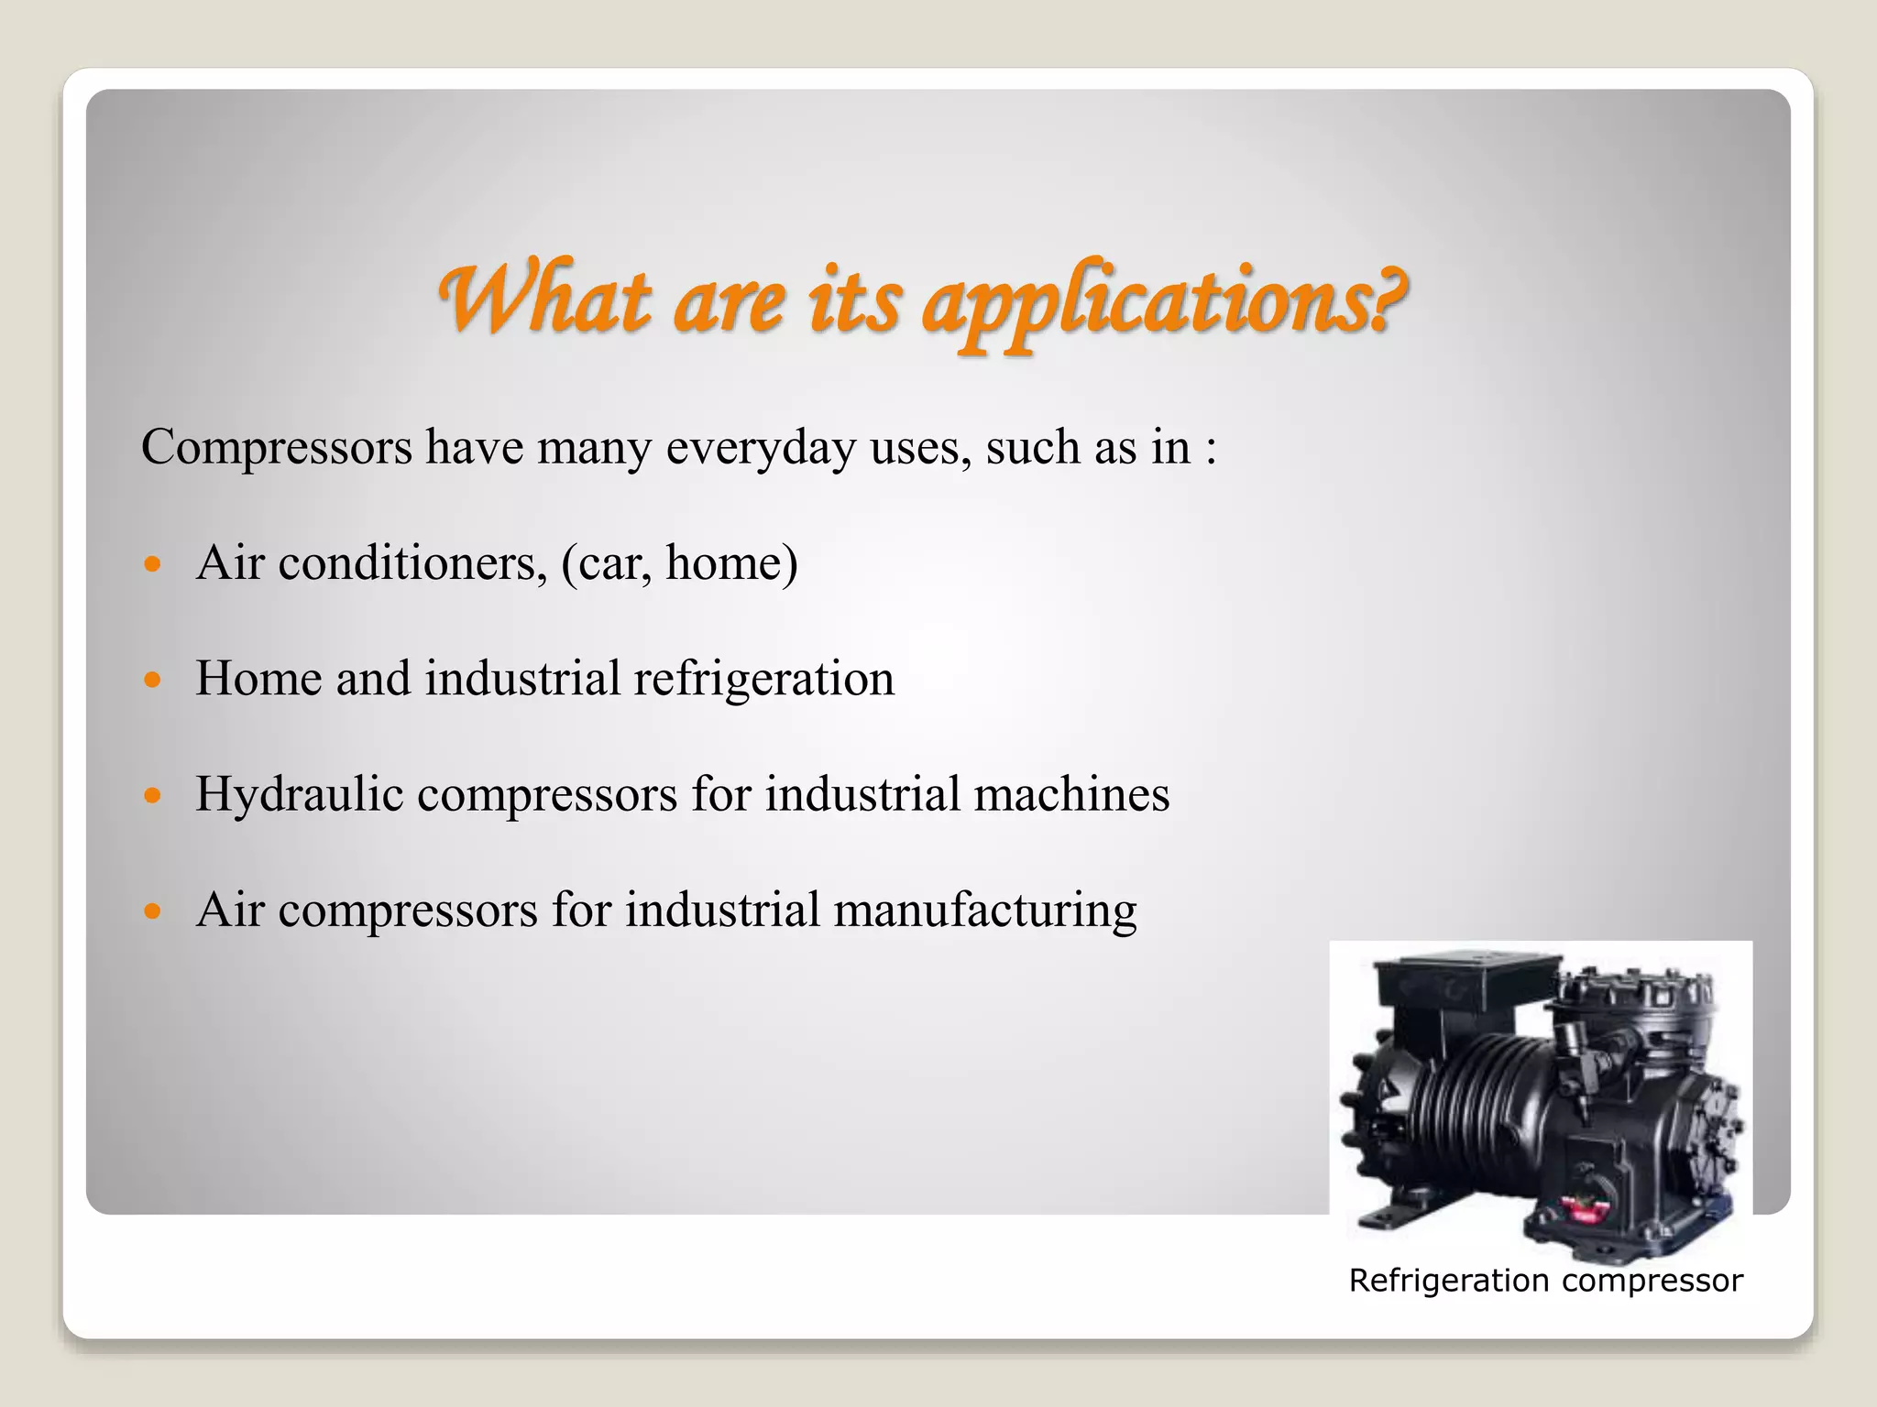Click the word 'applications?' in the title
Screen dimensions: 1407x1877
(x=1164, y=302)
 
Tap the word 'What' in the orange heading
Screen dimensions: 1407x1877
(x=546, y=300)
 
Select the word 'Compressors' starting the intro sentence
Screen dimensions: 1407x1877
(x=277, y=449)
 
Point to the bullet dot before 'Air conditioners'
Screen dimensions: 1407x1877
(x=153, y=563)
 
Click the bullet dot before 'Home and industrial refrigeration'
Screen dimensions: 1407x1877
(x=153, y=680)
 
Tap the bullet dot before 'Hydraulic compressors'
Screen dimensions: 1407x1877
(x=153, y=795)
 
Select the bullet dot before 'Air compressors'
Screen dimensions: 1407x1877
(x=153, y=911)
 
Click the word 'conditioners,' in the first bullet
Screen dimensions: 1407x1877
(x=412, y=562)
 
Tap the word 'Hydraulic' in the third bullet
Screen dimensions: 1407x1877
(x=300, y=795)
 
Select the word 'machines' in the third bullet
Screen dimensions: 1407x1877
(x=1071, y=794)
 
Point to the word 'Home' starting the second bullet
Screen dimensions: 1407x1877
(x=258, y=679)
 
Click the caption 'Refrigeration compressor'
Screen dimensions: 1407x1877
(x=1545, y=1281)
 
